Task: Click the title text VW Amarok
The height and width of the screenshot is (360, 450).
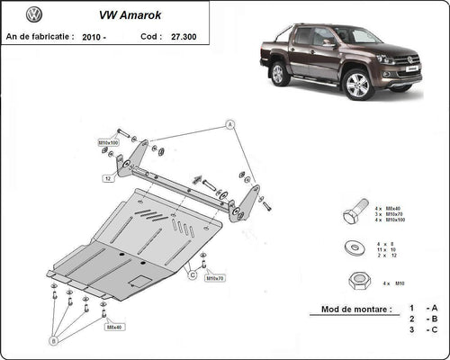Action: (x=116, y=15)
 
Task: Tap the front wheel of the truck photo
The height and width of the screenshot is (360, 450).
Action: (x=358, y=85)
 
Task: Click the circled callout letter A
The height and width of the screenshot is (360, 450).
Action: (x=229, y=124)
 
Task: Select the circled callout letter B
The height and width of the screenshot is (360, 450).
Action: (x=53, y=341)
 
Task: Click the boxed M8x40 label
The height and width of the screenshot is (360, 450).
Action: (x=114, y=328)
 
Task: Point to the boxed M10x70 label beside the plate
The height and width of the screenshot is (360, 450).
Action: (x=214, y=279)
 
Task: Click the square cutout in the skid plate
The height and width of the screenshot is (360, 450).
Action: (x=140, y=281)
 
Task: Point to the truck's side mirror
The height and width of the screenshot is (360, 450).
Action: (x=330, y=42)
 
